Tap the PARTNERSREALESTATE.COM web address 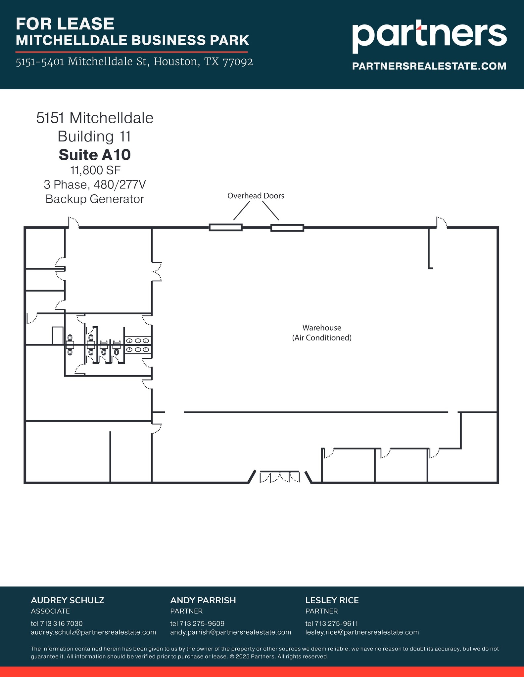pos(429,66)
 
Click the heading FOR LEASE pos(65,24)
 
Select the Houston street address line pos(134,62)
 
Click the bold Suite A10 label pos(95,155)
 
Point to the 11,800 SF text pos(95,170)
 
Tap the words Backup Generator pos(95,199)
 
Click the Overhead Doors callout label pos(256,196)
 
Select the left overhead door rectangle pos(225,227)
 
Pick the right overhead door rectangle pos(287,228)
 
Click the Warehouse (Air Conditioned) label pos(321,333)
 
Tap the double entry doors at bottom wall pos(280,477)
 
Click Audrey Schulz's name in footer pos(68,600)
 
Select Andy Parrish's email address pos(230,632)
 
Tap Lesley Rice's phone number pos(331,623)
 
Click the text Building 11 pos(94,137)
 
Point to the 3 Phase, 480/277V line pos(95,184)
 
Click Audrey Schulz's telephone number pos(57,623)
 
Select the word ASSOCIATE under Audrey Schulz pos(50,611)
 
